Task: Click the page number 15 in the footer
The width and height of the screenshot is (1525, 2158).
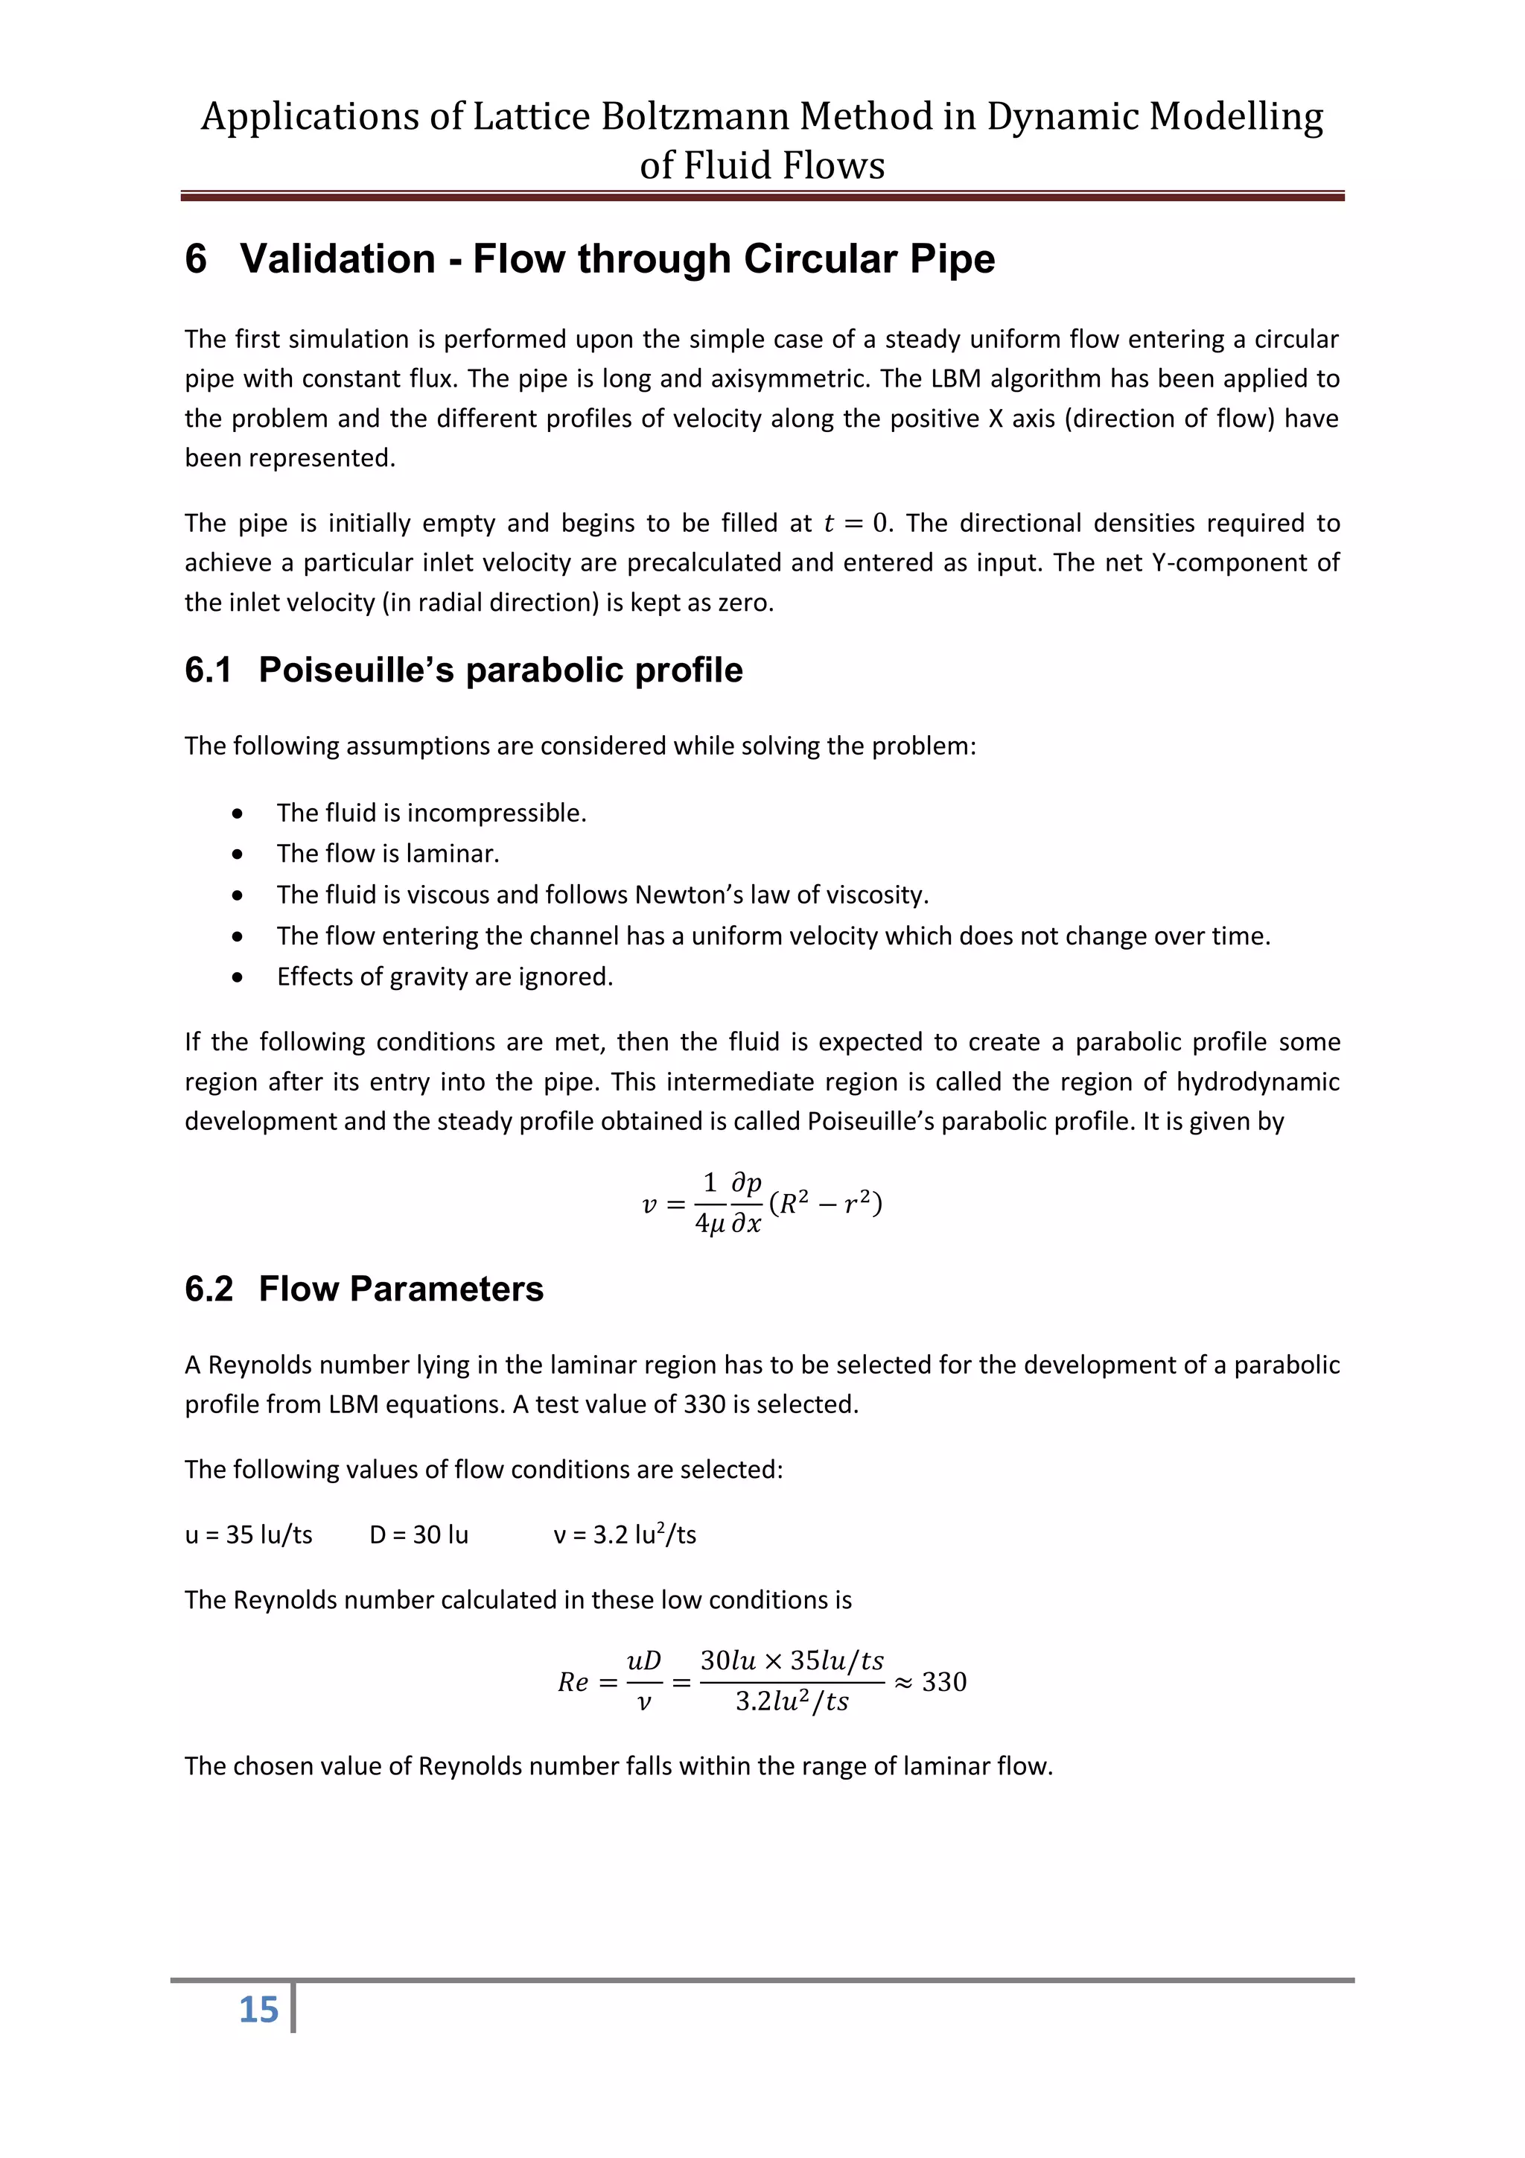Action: (x=258, y=2008)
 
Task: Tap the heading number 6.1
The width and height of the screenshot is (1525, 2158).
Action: (x=208, y=670)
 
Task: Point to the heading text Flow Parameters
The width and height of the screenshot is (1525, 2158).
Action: (x=401, y=1289)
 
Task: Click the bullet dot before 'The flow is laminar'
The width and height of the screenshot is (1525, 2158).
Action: (x=238, y=854)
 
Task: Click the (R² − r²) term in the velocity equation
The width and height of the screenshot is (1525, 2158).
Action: (x=825, y=1203)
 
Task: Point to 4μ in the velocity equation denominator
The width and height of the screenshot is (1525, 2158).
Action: (x=710, y=1224)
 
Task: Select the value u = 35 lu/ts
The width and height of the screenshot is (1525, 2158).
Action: (x=249, y=1535)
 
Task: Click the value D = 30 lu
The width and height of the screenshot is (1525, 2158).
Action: (x=419, y=1535)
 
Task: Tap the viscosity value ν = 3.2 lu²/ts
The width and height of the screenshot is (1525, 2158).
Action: (x=625, y=1535)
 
